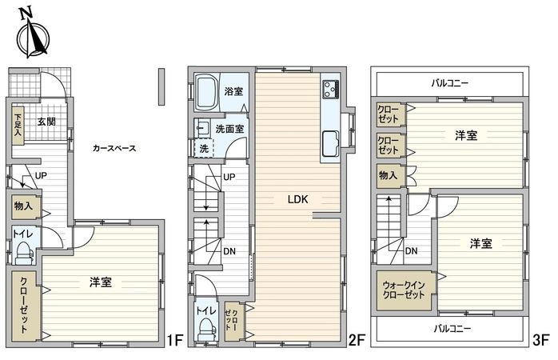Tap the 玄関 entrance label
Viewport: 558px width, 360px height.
click(46, 122)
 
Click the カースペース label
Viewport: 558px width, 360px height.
click(114, 148)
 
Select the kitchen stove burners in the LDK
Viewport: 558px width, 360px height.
click(331, 88)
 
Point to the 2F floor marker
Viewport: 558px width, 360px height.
click(357, 340)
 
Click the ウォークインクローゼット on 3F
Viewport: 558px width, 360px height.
click(404, 289)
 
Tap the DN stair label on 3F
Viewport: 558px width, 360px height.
click(411, 250)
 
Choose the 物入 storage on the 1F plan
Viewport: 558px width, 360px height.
click(22, 206)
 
